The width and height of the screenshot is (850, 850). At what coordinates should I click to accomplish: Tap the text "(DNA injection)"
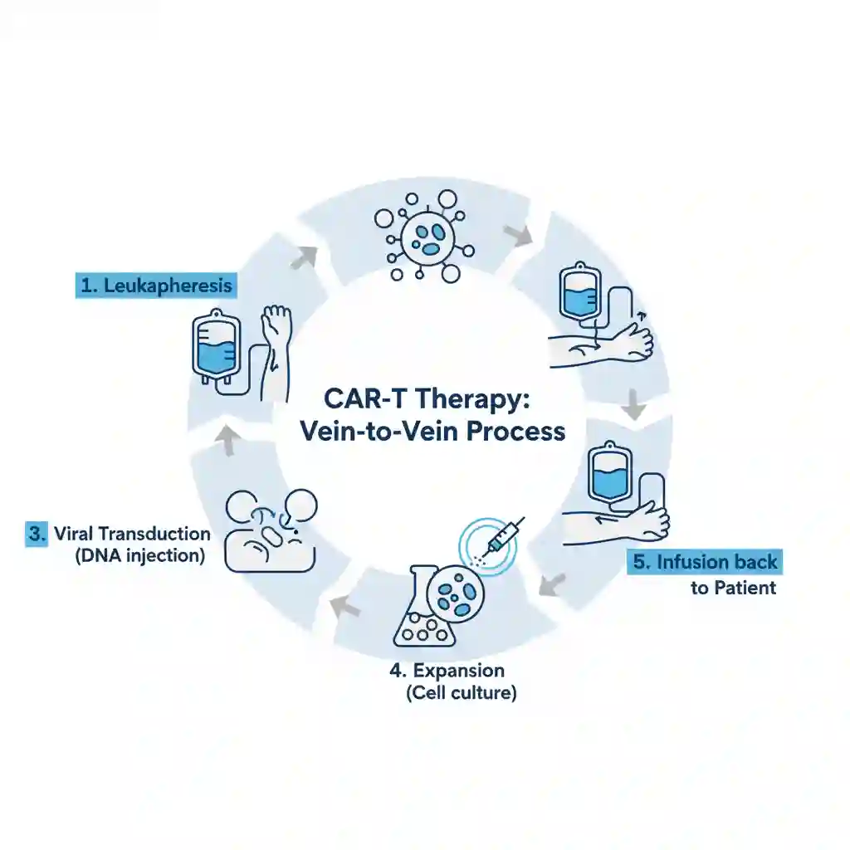point(139,556)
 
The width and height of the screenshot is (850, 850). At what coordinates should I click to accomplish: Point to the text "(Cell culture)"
point(462,692)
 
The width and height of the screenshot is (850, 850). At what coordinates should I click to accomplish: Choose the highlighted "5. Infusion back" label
point(706,562)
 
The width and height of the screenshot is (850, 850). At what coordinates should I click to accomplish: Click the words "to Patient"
point(733,588)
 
